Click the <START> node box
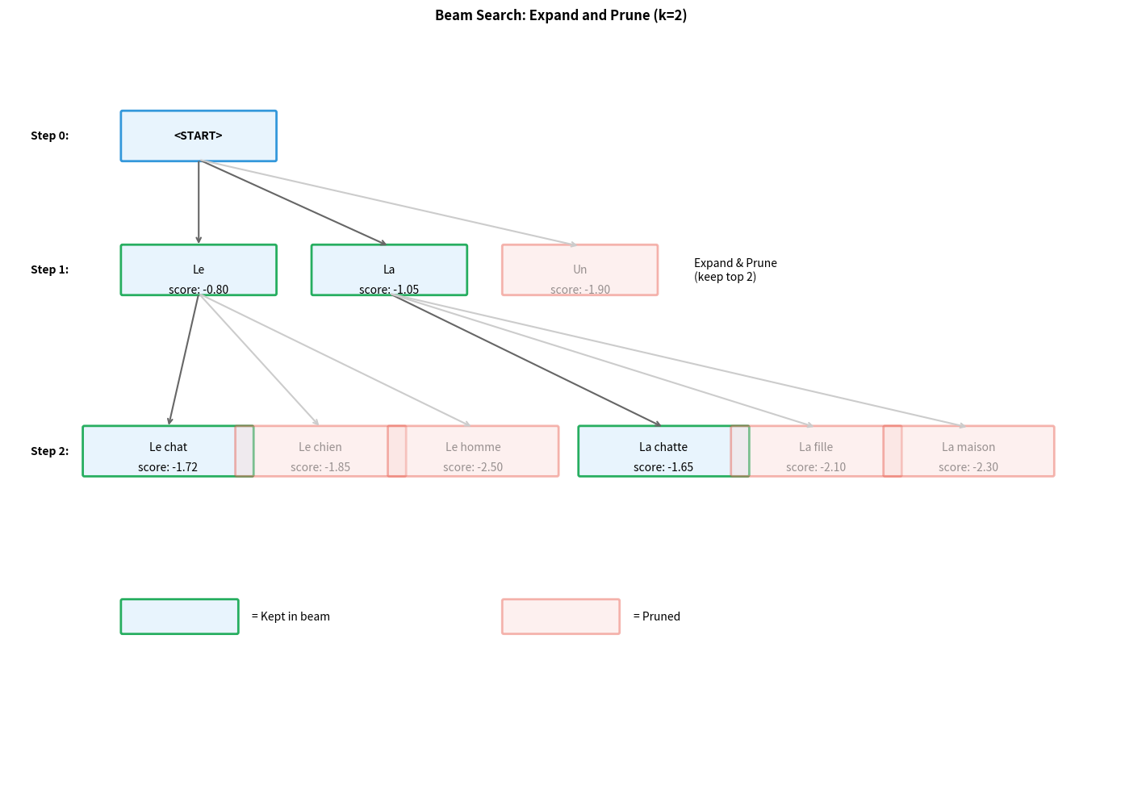[x=199, y=136]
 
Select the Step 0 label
[x=49, y=136]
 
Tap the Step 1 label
[x=49, y=269]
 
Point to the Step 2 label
[x=49, y=451]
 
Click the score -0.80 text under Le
[x=199, y=290]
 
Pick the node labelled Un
[x=579, y=269]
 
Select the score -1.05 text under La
[x=389, y=290]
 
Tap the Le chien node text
[x=320, y=447]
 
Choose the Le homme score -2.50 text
[x=473, y=467]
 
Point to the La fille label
[x=816, y=447]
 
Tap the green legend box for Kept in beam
[x=179, y=616]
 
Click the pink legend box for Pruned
[x=561, y=616]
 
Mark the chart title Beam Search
[x=561, y=15]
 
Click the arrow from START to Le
[x=199, y=202]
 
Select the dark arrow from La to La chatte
[x=525, y=359]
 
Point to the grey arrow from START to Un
[x=387, y=202]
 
